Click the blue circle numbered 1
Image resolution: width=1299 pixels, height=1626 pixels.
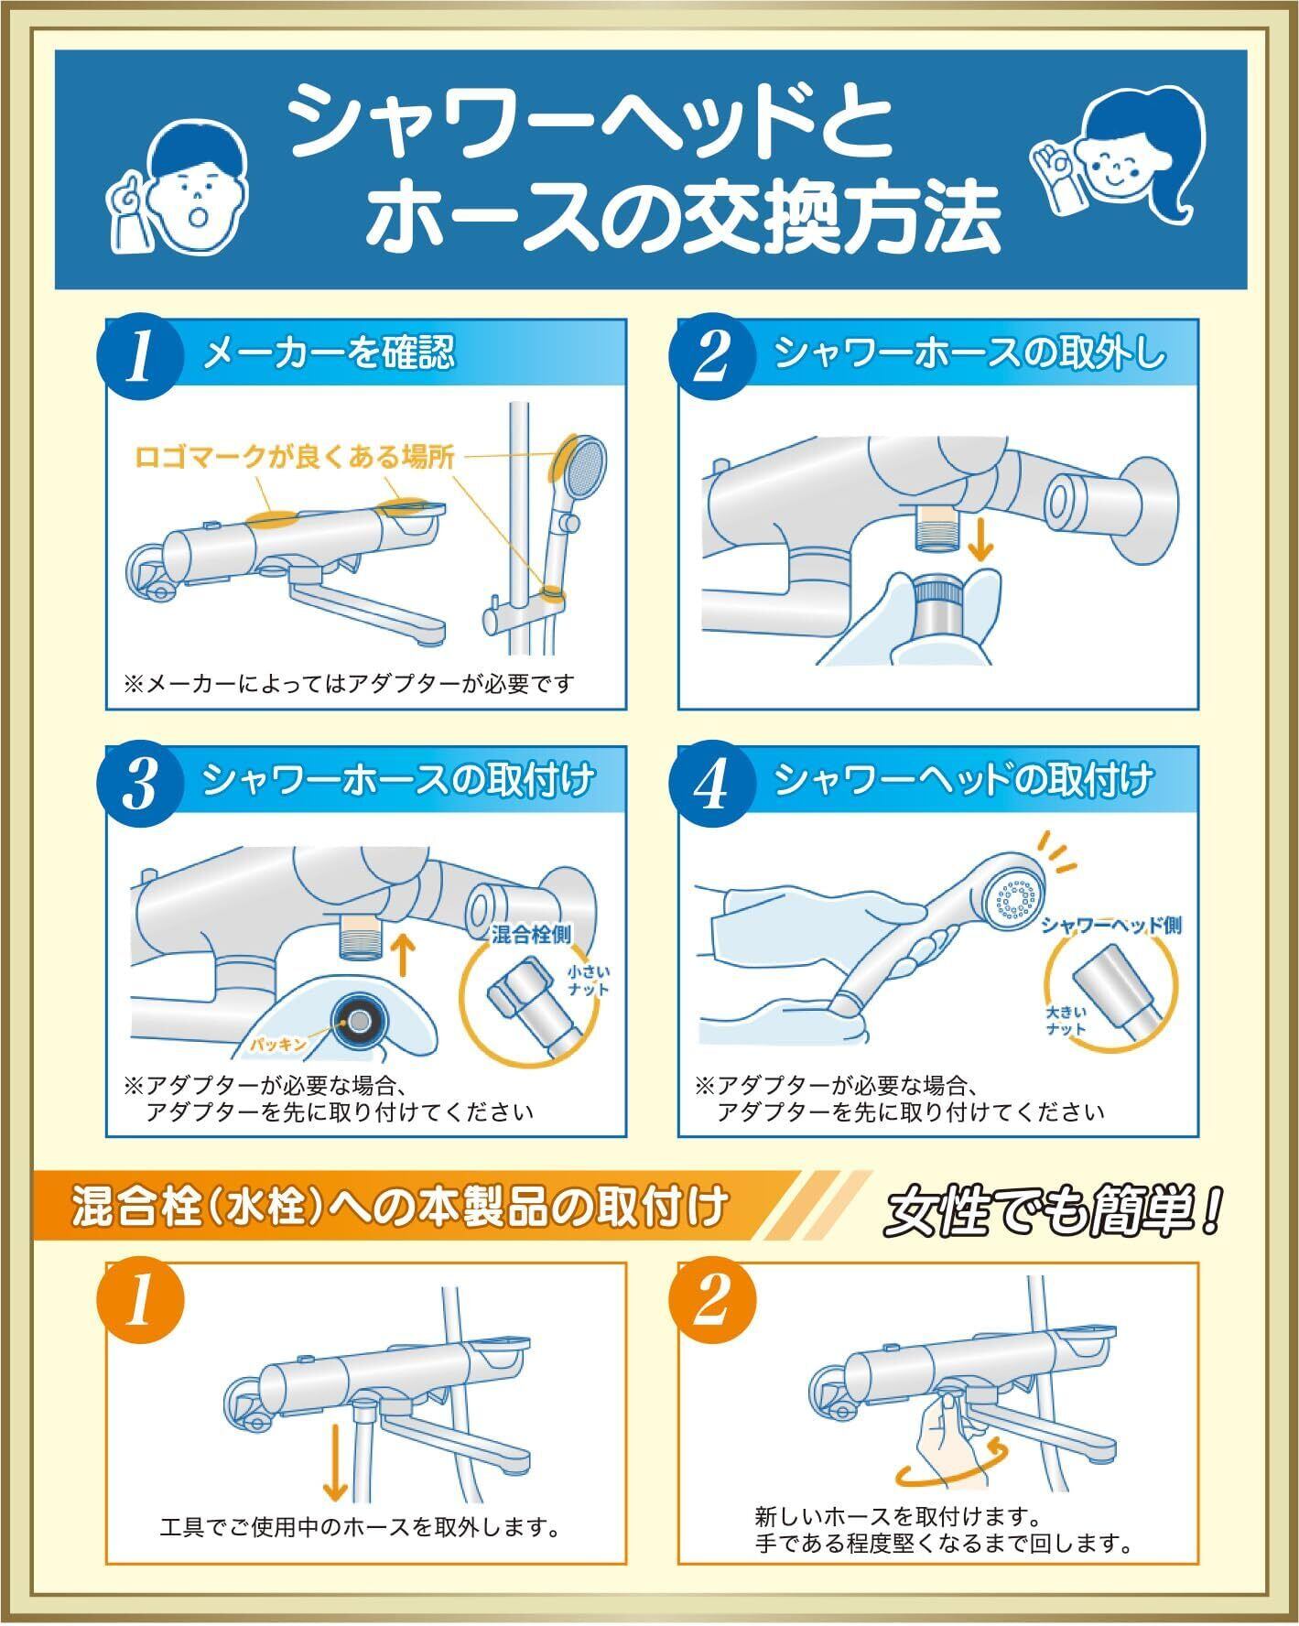pyautogui.click(x=141, y=358)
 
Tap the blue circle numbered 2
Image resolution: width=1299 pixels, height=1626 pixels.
pyautogui.click(x=712, y=358)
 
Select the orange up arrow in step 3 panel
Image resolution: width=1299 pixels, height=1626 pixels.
pyautogui.click(x=400, y=956)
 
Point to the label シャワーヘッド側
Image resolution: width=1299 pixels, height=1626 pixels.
pyautogui.click(x=1110, y=925)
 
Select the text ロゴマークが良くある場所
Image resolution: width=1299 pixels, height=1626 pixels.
pyautogui.click(x=295, y=457)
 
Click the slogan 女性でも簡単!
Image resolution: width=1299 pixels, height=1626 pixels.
pyautogui.click(x=1053, y=1212)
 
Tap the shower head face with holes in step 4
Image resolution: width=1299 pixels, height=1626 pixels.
pyautogui.click(x=1019, y=898)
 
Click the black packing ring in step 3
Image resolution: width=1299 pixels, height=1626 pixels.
pyautogui.click(x=358, y=1019)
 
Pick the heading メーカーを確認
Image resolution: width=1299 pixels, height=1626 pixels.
pyautogui.click(x=329, y=352)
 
